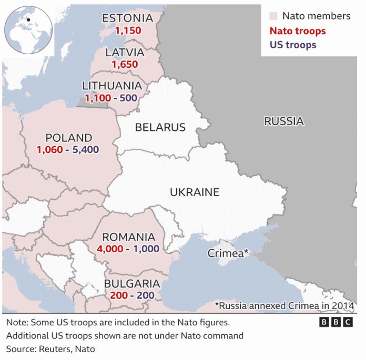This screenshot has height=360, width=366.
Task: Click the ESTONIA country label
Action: (x=127, y=18)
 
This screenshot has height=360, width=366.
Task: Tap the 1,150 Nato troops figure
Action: (x=128, y=31)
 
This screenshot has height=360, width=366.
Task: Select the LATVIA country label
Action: (x=125, y=53)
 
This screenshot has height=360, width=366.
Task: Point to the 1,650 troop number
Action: (x=125, y=65)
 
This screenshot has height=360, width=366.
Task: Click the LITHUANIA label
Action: (x=112, y=86)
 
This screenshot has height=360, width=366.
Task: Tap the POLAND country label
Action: (x=69, y=138)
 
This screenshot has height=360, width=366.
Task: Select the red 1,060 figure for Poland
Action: (x=50, y=150)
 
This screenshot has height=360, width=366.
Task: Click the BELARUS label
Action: (x=160, y=127)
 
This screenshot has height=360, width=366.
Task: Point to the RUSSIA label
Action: (x=284, y=121)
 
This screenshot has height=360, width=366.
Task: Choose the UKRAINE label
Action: (x=195, y=192)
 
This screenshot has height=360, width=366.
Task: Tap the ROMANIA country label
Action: (x=129, y=238)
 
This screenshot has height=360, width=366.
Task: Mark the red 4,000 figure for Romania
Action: (x=110, y=249)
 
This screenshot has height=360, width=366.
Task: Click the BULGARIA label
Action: (x=132, y=284)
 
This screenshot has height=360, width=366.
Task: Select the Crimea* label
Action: (x=228, y=253)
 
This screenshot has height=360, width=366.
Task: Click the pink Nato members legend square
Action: (x=273, y=16)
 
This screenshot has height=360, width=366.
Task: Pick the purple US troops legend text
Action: (x=293, y=45)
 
